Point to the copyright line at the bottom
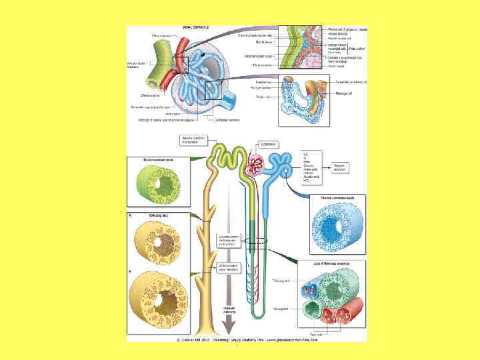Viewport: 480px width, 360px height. pos(247,339)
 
